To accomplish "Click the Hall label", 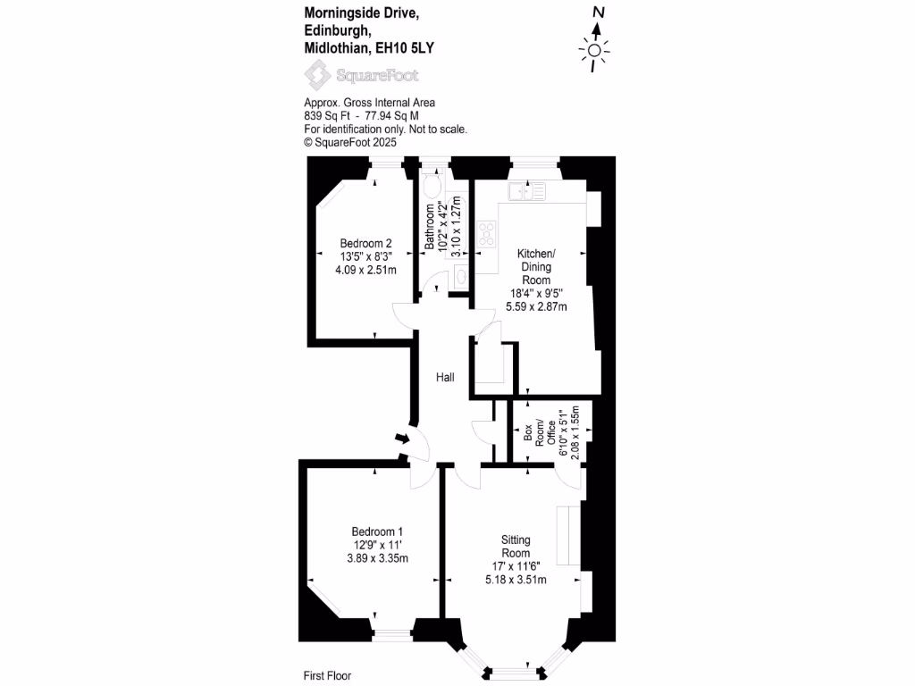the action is click(445, 378).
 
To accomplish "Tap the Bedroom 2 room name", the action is click(365, 243).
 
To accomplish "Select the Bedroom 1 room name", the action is click(377, 531).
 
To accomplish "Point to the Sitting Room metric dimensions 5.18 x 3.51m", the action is click(516, 580).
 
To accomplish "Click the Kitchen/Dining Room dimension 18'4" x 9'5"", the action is click(536, 293).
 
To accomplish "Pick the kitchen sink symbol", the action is click(527, 191).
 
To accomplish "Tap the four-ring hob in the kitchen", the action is click(486, 234).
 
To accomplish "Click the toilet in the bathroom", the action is click(432, 186).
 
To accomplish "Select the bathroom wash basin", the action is click(461, 277).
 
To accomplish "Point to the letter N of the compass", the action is click(599, 13).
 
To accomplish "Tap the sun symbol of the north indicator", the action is click(594, 51).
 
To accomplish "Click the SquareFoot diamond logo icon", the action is click(317, 75).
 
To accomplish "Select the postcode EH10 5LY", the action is click(405, 48).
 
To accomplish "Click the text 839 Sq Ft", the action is click(327, 115).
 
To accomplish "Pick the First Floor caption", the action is click(327, 675).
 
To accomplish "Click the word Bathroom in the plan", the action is click(430, 226).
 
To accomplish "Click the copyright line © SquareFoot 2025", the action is click(350, 142).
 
